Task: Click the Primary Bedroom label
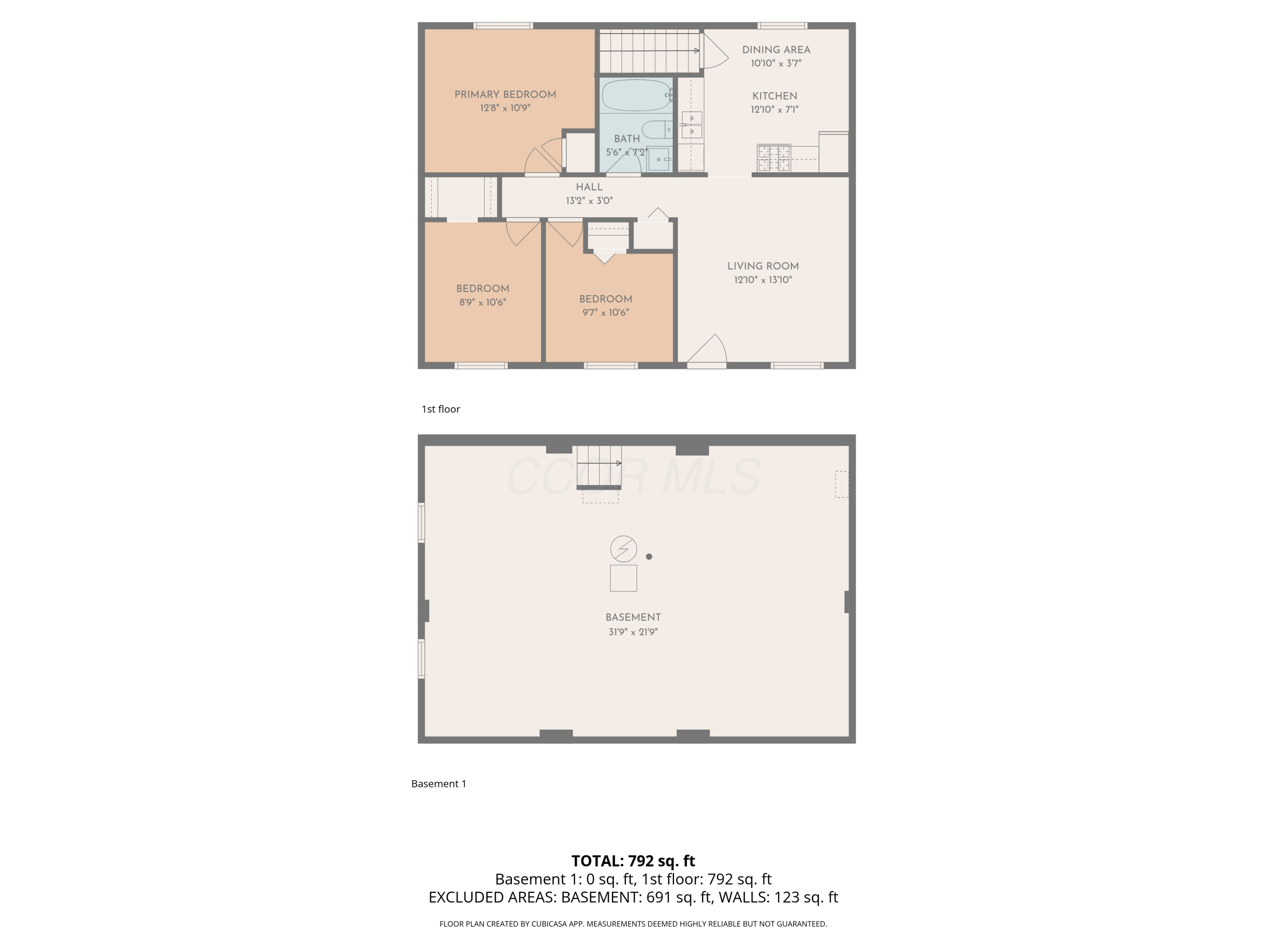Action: tap(505, 95)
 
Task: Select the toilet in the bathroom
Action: tap(656, 130)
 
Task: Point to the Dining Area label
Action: tap(776, 50)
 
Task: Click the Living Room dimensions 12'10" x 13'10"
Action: tap(763, 280)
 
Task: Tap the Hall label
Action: tap(590, 187)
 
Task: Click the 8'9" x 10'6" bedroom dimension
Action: tap(483, 302)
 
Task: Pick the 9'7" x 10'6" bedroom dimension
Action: tap(606, 313)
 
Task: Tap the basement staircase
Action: tap(599, 466)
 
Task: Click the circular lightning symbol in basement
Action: tap(623, 548)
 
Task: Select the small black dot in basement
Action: tap(649, 556)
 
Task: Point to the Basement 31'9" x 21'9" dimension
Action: tap(633, 632)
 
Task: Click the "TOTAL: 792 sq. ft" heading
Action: tap(633, 860)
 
